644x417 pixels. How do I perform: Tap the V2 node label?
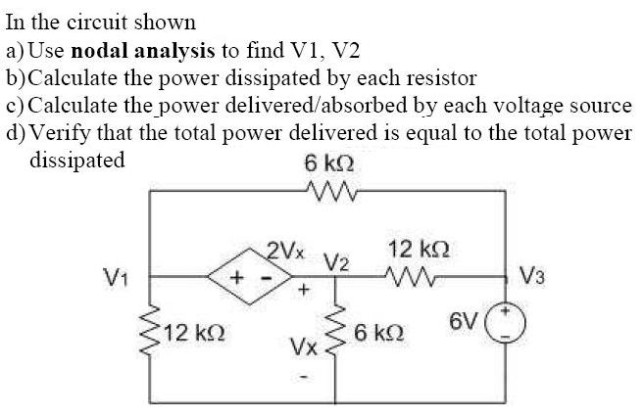click(x=336, y=262)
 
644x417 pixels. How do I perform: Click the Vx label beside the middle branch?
click(x=302, y=347)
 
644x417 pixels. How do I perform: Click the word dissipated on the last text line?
click(x=77, y=160)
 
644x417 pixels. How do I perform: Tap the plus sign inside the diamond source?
click(x=236, y=277)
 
